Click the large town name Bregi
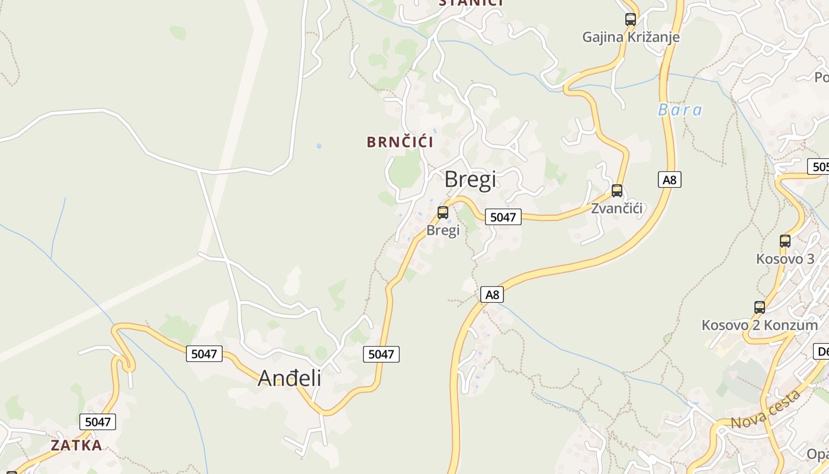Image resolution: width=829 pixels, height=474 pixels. (x=470, y=180)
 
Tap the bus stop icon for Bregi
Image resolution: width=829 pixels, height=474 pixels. (x=443, y=213)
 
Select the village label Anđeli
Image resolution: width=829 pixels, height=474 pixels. (x=290, y=378)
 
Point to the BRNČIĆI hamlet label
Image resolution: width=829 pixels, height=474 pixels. (x=400, y=142)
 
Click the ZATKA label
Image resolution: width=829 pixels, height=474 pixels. (x=76, y=446)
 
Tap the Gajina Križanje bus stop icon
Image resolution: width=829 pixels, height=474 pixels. (x=631, y=20)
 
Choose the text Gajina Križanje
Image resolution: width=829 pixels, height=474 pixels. (x=631, y=37)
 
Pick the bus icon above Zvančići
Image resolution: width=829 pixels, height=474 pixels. (x=617, y=191)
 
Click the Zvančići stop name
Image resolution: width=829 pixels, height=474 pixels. (x=617, y=209)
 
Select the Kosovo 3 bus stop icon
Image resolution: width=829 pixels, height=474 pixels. (x=785, y=241)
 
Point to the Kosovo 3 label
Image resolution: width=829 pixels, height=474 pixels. (x=785, y=259)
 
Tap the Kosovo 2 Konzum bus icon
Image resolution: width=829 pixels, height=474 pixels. (x=760, y=308)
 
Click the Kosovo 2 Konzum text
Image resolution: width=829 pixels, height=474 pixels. (x=760, y=325)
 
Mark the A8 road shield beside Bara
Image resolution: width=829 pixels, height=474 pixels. (x=670, y=180)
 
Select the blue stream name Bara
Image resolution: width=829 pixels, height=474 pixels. (x=680, y=110)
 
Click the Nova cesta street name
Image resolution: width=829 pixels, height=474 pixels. (x=766, y=410)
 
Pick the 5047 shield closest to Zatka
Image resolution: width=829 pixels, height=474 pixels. (x=98, y=422)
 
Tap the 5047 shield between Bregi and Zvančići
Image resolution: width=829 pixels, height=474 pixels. (x=503, y=217)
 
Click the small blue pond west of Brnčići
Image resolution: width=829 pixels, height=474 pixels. (x=319, y=146)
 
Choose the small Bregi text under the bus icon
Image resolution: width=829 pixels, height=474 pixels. (x=443, y=230)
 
